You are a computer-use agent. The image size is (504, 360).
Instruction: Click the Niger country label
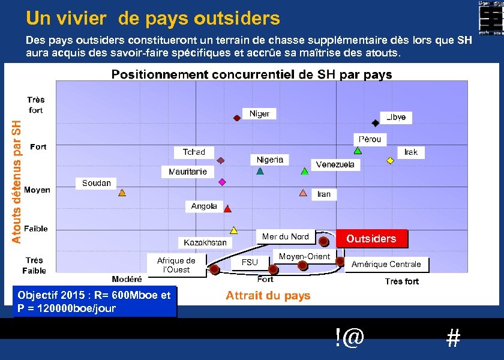click(x=259, y=114)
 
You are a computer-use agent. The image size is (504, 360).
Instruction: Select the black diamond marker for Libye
click(x=376, y=122)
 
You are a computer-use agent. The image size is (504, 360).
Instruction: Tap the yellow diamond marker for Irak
click(x=390, y=160)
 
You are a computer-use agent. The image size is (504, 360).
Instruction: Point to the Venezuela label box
click(x=335, y=164)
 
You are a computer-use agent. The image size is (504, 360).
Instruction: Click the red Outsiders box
click(x=371, y=239)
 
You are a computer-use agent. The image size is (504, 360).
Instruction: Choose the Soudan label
click(x=96, y=183)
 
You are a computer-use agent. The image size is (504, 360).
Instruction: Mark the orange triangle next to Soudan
click(x=122, y=193)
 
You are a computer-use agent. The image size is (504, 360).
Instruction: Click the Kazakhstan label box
click(x=205, y=242)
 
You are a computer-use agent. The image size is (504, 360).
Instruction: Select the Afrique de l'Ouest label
click(x=176, y=265)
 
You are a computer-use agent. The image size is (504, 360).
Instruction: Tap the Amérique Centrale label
click(x=386, y=264)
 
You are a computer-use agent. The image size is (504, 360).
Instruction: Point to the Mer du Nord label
click(x=285, y=237)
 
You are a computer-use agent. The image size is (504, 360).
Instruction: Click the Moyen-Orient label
click(x=304, y=257)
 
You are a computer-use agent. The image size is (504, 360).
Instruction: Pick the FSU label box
click(x=250, y=262)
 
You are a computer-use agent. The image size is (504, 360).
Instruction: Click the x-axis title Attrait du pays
click(x=268, y=295)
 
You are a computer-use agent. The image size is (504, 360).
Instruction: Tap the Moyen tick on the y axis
click(x=37, y=190)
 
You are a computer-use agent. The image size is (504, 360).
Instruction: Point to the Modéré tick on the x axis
click(x=127, y=279)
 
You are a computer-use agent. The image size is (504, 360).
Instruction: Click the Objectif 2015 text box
click(x=94, y=302)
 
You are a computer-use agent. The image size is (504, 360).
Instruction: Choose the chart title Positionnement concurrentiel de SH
click(x=251, y=75)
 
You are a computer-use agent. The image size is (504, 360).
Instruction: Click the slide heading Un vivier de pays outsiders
click(x=153, y=19)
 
